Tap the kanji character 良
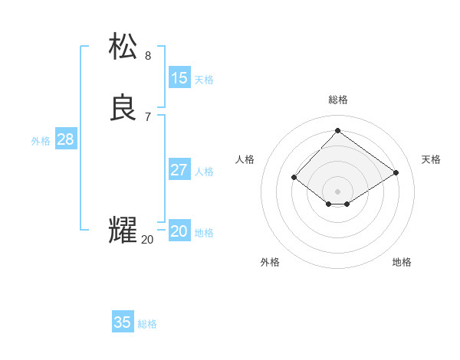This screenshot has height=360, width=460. point(123,108)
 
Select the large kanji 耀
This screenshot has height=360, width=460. point(123,231)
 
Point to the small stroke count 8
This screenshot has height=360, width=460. point(148,55)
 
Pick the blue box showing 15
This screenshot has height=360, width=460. point(179,78)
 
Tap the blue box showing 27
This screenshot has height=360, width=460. point(179,170)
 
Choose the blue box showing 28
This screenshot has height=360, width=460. point(65,139)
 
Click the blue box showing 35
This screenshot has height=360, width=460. point(123,322)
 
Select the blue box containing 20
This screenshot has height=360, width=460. point(179,231)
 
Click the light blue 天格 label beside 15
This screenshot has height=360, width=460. point(204,80)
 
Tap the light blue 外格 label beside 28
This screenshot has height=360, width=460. point(41,141)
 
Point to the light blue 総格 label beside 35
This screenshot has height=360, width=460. point(147,324)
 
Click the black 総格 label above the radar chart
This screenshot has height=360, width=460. point(338,100)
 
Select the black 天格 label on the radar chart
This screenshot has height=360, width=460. point(431,159)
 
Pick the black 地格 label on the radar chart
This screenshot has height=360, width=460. point(402,263)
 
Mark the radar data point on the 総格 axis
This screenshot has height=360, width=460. point(337,130)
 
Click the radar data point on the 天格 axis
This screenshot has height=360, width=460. point(396,173)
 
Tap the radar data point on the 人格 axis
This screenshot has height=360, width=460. point(294,178)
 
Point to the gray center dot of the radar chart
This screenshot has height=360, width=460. point(337,191)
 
